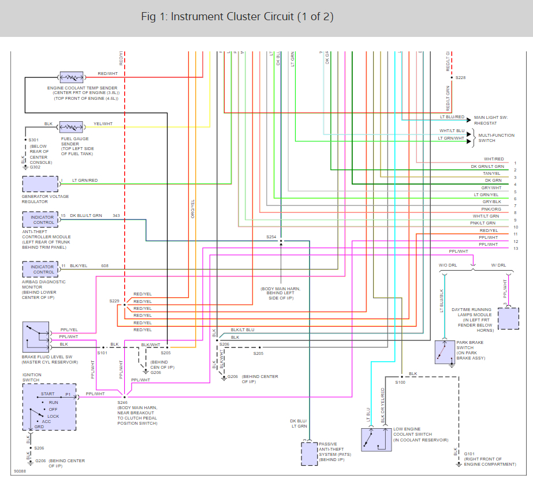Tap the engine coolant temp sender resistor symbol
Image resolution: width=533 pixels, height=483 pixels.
pyautogui.click(x=72, y=77)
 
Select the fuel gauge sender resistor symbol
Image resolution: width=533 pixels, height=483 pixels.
pyautogui.click(x=72, y=126)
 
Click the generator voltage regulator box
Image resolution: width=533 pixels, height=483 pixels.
pyautogui.click(x=40, y=184)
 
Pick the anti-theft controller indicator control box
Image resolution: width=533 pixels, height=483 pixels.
pyautogui.click(x=40, y=219)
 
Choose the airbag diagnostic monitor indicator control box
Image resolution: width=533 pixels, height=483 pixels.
pyautogui.click(x=40, y=269)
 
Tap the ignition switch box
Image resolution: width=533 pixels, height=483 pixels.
pyautogui.click(x=49, y=407)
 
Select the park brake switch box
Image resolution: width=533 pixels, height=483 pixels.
pyautogui.click(x=446, y=352)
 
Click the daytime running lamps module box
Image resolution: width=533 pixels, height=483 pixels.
pyautogui.click(x=508, y=318)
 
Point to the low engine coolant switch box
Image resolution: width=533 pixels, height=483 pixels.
pyautogui.click(x=375, y=439)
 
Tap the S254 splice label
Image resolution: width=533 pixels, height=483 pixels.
pyautogui.click(x=271, y=237)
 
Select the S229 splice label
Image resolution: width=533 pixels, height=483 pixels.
pyautogui.click(x=114, y=301)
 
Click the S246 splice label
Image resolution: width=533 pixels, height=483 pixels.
pyautogui.click(x=122, y=402)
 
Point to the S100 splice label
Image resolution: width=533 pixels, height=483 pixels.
pyautogui.click(x=400, y=382)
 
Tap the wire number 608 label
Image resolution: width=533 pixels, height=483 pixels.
pyautogui.click(x=105, y=266)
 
